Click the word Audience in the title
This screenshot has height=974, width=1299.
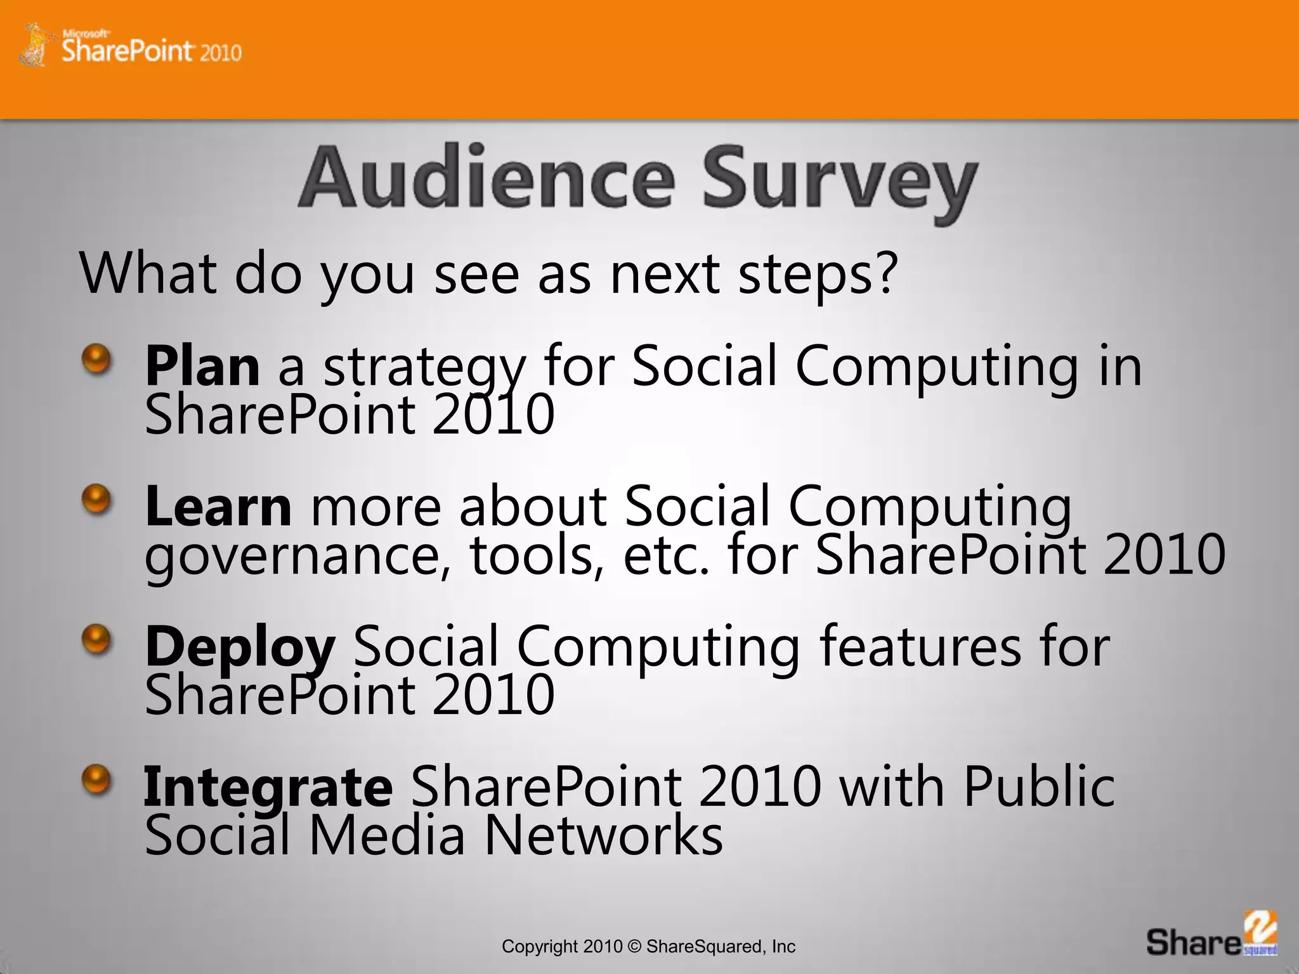(486, 179)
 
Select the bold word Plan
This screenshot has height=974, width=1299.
(202, 366)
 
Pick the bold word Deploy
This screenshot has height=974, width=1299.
(239, 647)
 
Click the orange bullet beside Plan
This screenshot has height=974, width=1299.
(96, 360)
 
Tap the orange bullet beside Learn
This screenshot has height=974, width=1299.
(96, 500)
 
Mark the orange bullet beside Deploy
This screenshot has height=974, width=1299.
(96, 640)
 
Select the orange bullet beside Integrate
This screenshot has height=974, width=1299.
(96, 780)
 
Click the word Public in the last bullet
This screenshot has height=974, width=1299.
(1038, 786)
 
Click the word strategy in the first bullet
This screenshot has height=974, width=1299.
(424, 368)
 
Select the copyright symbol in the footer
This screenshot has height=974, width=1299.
(634, 947)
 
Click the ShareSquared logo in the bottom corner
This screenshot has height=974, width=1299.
(1211, 935)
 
